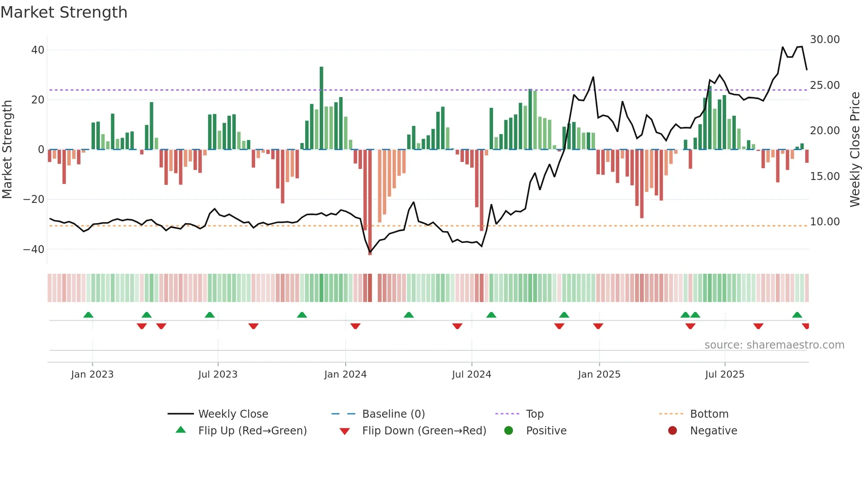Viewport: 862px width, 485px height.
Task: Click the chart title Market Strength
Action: click(x=64, y=12)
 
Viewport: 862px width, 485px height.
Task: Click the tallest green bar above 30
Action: click(x=321, y=108)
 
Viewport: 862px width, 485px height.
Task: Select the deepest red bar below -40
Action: click(x=370, y=202)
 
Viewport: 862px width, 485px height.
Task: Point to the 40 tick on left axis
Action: click(x=38, y=50)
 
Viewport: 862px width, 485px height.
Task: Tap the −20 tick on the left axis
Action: click(x=34, y=199)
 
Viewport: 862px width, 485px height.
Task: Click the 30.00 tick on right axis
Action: click(x=825, y=40)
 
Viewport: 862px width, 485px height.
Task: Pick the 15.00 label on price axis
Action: click(x=825, y=176)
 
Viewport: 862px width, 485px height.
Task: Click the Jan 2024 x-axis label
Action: click(x=345, y=375)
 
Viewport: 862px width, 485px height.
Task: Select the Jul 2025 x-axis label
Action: click(x=724, y=375)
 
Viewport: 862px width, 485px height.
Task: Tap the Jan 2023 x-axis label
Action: click(x=92, y=375)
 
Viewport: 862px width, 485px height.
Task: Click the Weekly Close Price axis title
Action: click(x=855, y=150)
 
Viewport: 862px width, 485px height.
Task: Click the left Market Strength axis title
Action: click(x=7, y=150)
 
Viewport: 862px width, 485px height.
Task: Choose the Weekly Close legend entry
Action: click(x=233, y=414)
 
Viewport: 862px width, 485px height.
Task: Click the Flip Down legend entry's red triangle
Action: click(x=345, y=431)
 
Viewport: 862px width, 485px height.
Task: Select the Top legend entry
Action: click(x=534, y=414)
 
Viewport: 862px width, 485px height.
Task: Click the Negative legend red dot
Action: click(x=672, y=431)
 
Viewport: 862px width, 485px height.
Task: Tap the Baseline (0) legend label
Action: click(x=393, y=414)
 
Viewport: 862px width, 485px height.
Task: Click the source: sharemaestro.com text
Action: click(x=774, y=345)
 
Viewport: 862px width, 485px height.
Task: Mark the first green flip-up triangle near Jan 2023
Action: click(x=88, y=315)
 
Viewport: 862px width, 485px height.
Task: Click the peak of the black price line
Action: click(x=802, y=47)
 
